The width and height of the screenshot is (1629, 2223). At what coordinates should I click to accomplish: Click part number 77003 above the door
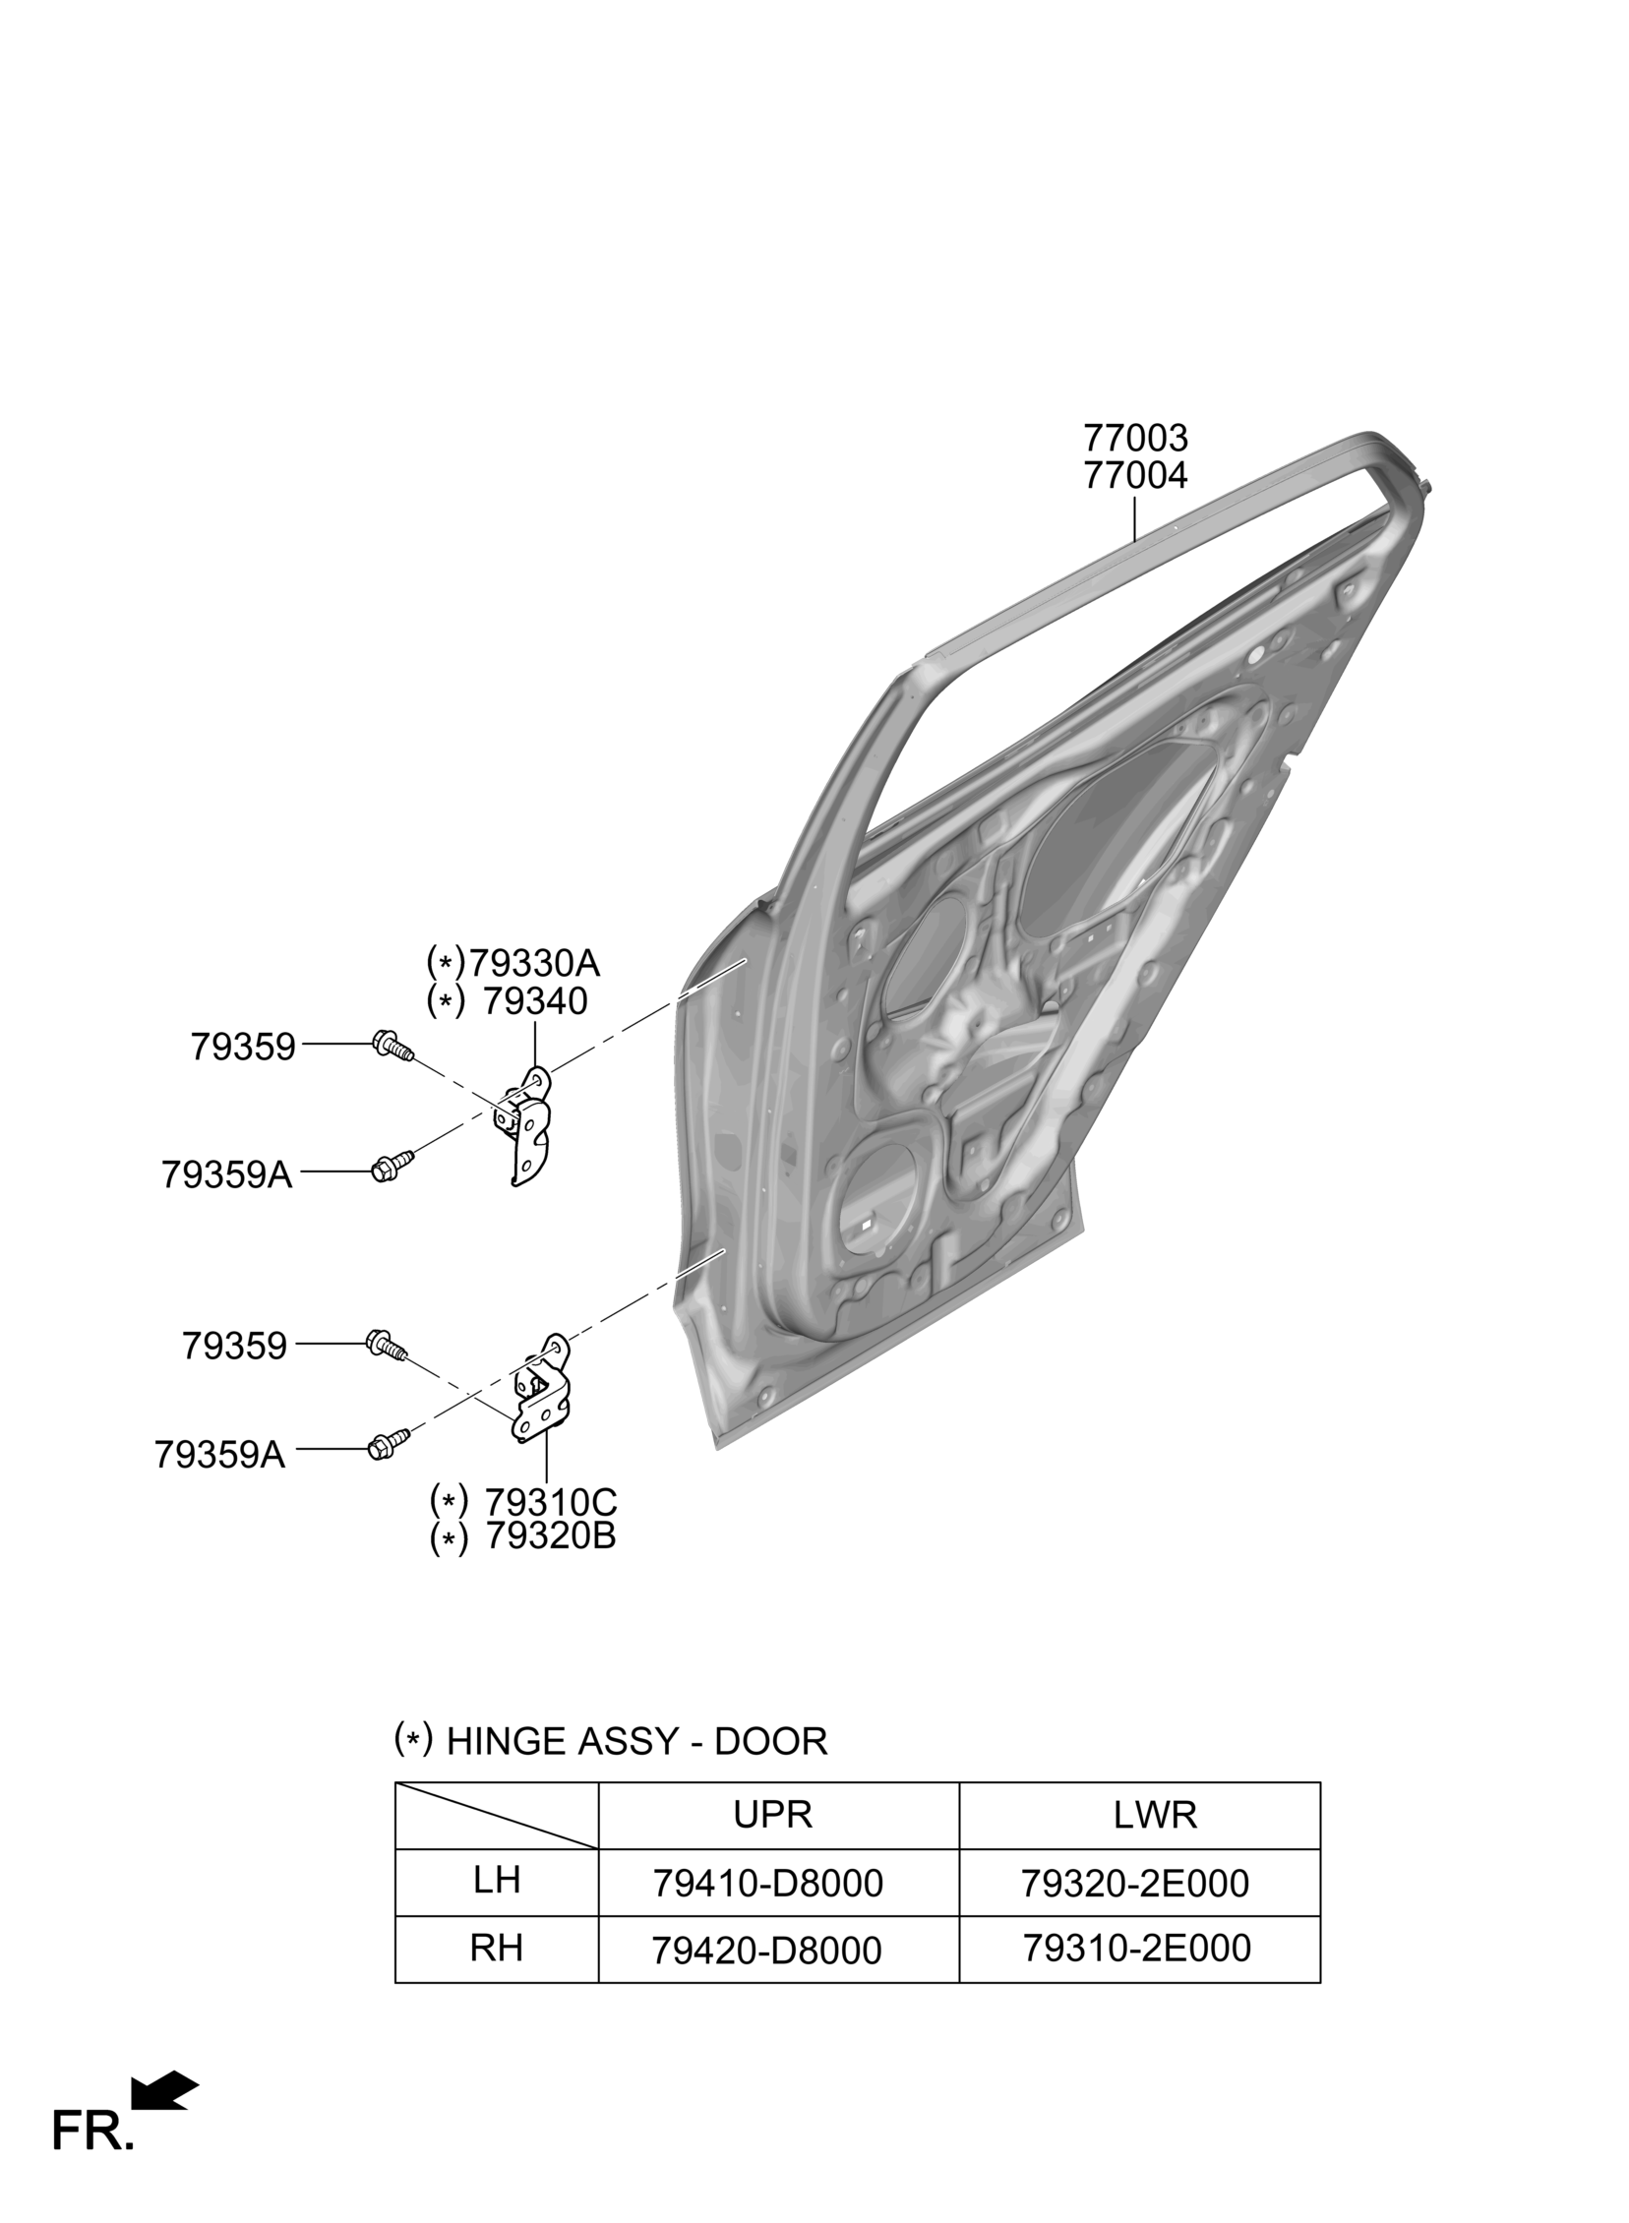click(x=1135, y=438)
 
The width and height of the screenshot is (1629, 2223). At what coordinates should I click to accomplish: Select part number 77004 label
click(x=1135, y=476)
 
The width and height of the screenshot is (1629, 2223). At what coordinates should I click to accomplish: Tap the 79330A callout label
click(x=533, y=962)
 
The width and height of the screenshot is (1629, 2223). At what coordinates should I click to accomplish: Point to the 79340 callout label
click(x=535, y=1002)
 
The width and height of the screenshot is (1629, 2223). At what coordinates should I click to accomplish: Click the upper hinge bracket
click(x=523, y=1126)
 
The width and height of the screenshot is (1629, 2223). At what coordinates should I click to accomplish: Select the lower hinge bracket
click(x=540, y=1389)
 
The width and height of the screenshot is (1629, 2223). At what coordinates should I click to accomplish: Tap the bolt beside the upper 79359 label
click(x=393, y=1046)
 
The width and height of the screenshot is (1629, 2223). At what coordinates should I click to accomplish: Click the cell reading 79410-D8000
click(x=768, y=1884)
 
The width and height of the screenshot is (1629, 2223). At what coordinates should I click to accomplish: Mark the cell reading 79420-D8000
click(x=767, y=1951)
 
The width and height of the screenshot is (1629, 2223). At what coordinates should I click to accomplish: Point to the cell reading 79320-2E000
click(x=1135, y=1884)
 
